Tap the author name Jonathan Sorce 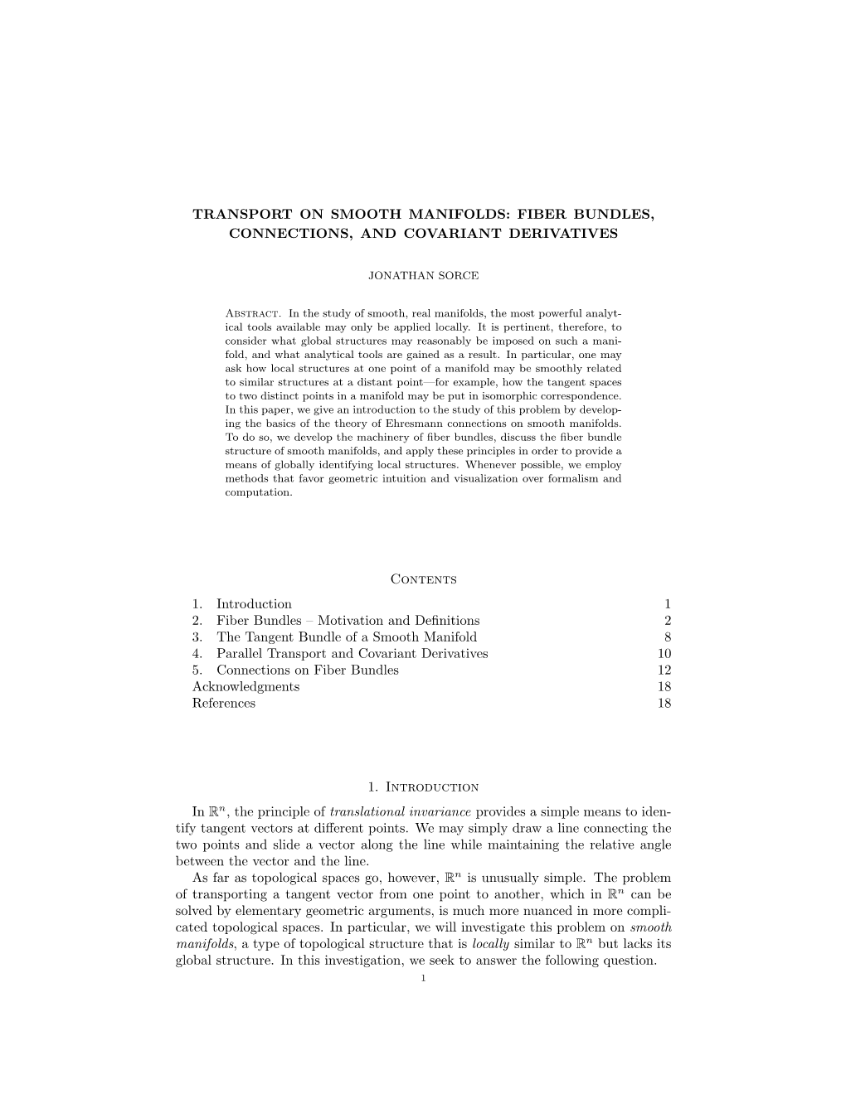click(423, 274)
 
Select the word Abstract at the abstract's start click(250, 315)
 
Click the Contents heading click(423, 579)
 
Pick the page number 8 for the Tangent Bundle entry click(667, 637)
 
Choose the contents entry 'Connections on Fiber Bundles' click(307, 670)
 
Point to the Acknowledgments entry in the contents click(246, 687)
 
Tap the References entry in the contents click(224, 704)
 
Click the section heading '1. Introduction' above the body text click(423, 787)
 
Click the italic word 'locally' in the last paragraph click(490, 944)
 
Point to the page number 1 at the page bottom click(423, 979)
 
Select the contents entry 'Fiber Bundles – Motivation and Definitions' click(348, 621)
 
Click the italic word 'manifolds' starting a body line click(205, 944)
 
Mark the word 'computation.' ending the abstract click(257, 492)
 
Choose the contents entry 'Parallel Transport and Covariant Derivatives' click(352, 654)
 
